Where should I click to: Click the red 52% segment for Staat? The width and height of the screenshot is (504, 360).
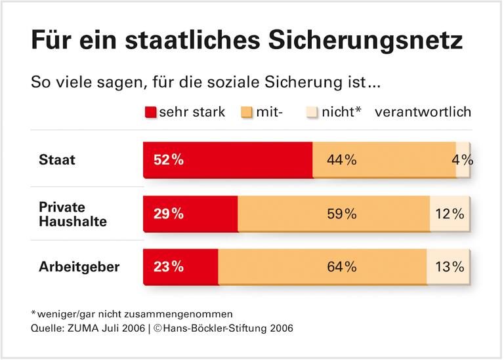pyautogui.click(x=228, y=159)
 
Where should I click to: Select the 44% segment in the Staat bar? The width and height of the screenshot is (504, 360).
pyautogui.click(x=384, y=159)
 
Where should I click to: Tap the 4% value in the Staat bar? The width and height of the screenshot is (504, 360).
pyautogui.click(x=463, y=159)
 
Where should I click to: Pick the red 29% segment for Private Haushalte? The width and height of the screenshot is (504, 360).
pyautogui.click(x=190, y=213)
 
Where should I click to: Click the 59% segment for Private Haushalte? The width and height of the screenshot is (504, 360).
pyautogui.click(x=333, y=213)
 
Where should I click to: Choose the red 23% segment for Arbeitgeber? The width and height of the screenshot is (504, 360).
pyautogui.click(x=180, y=266)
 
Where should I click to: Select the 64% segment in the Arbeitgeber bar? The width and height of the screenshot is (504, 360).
pyautogui.click(x=322, y=266)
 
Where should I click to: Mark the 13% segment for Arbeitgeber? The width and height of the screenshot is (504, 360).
pyautogui.click(x=449, y=266)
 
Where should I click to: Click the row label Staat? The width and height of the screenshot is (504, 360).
pyautogui.click(x=57, y=160)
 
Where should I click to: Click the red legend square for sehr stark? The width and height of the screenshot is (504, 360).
pyautogui.click(x=150, y=112)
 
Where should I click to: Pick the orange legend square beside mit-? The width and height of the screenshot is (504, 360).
pyautogui.click(x=247, y=112)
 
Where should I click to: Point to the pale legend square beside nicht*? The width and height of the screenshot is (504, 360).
pyautogui.click(x=312, y=112)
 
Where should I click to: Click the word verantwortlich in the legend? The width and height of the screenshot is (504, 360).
pyautogui.click(x=423, y=112)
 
